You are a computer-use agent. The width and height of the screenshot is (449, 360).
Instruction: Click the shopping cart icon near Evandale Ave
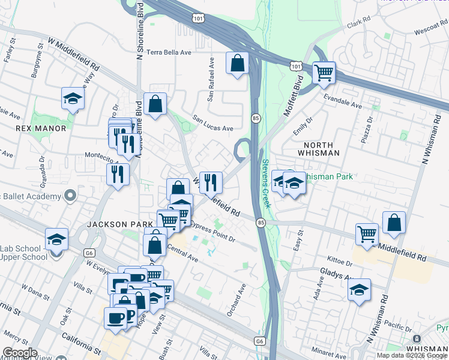click(x=324, y=73)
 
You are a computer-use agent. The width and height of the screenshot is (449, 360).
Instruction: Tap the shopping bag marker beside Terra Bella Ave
click(x=237, y=62)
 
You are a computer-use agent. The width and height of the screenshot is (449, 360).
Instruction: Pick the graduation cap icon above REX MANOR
click(x=73, y=98)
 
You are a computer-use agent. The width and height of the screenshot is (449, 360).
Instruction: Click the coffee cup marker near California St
click(x=115, y=317)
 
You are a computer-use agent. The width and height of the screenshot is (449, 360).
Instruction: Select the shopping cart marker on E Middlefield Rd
click(x=367, y=233)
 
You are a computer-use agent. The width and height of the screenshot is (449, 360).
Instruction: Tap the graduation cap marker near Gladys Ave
click(x=359, y=290)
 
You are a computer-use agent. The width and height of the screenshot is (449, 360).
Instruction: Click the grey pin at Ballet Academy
click(x=70, y=196)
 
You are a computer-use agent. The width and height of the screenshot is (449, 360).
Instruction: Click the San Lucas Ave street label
click(x=212, y=128)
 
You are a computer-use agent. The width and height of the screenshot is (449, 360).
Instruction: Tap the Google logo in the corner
click(x=19, y=352)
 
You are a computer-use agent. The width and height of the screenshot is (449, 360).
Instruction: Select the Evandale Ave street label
click(x=343, y=100)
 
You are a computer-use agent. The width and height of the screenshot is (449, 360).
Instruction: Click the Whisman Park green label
click(x=327, y=176)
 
